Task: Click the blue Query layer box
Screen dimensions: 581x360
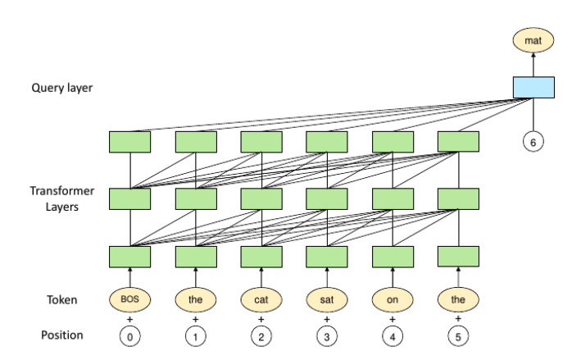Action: [x=533, y=88]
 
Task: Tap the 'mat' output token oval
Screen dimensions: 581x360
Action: [x=533, y=40]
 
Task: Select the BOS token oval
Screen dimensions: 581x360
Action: [x=129, y=299]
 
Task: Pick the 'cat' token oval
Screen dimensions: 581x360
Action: [x=261, y=299]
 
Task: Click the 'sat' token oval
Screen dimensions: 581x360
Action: [x=327, y=299]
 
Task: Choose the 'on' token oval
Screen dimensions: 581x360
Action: [x=393, y=299]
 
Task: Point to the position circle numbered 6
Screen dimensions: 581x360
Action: [x=533, y=142]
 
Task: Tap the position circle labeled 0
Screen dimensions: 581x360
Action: [x=129, y=337]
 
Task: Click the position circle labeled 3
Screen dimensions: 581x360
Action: [x=327, y=337]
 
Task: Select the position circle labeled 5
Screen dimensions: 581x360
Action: [x=458, y=337]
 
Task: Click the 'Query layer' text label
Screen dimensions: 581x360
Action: [x=62, y=88]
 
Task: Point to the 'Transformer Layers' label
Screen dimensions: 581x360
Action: [x=62, y=198]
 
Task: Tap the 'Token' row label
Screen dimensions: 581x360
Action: [x=62, y=299]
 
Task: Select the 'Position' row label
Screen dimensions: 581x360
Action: [x=62, y=335]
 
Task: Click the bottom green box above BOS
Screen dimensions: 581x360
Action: [x=129, y=257]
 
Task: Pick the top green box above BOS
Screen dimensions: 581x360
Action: [x=129, y=142]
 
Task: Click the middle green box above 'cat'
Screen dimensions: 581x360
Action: [x=261, y=199]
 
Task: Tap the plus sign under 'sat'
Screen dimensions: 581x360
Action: [x=327, y=319]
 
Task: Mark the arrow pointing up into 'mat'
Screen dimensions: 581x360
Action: [x=533, y=65]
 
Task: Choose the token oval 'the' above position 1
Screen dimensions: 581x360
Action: [x=196, y=299]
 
